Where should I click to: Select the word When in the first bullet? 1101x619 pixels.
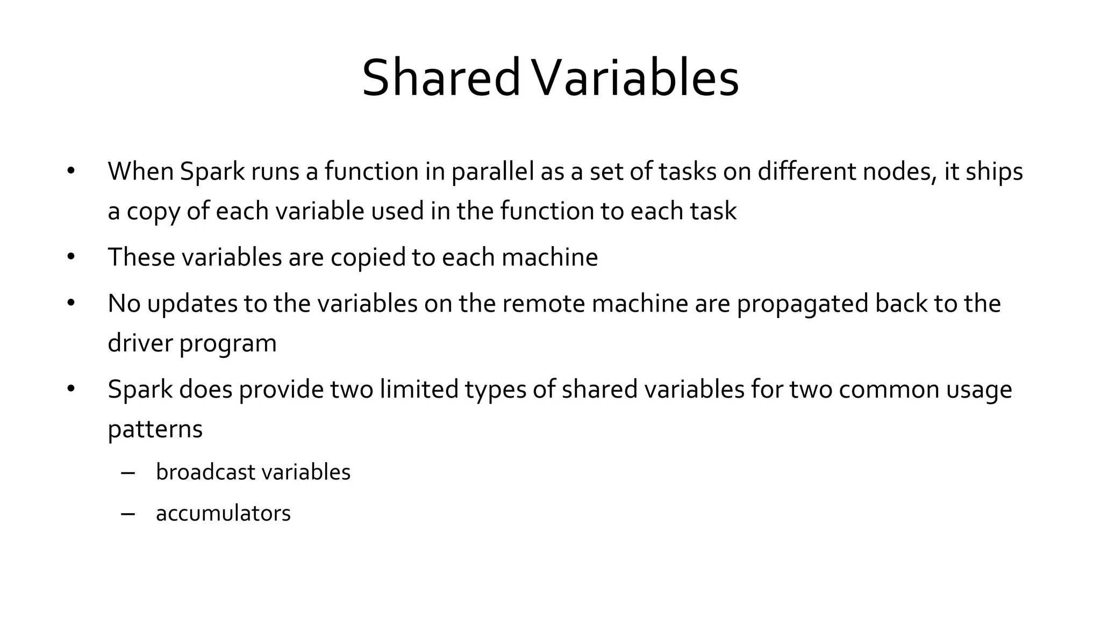[x=140, y=171]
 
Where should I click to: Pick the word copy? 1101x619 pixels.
[x=153, y=212]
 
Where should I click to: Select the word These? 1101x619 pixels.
[x=141, y=257]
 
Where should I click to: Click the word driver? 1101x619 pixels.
[x=140, y=343]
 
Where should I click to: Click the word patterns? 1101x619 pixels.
[x=155, y=429]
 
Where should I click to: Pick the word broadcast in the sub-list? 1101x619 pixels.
[x=205, y=472]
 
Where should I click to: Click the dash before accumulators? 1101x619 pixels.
[x=128, y=514]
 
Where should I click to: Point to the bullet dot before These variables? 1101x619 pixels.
[x=71, y=257]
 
